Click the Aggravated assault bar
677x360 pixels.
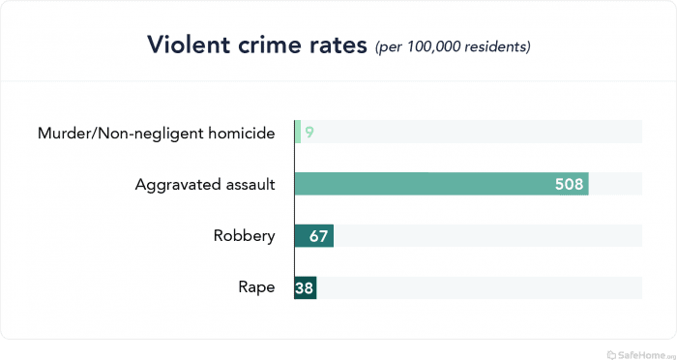point(441,184)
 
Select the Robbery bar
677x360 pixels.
point(314,236)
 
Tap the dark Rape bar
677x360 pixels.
point(306,287)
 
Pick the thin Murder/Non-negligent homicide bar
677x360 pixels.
point(298,132)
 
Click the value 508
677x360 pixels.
point(569,184)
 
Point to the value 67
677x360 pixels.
point(318,236)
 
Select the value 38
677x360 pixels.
point(306,287)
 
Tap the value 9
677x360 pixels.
point(309,132)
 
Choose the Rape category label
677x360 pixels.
point(256,287)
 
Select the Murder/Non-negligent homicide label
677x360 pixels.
point(156,132)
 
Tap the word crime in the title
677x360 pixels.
point(274,45)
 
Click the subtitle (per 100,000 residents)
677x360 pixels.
point(453,46)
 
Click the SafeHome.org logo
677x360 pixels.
point(638,352)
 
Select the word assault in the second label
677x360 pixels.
point(249,184)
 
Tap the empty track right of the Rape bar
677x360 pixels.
point(479,287)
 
